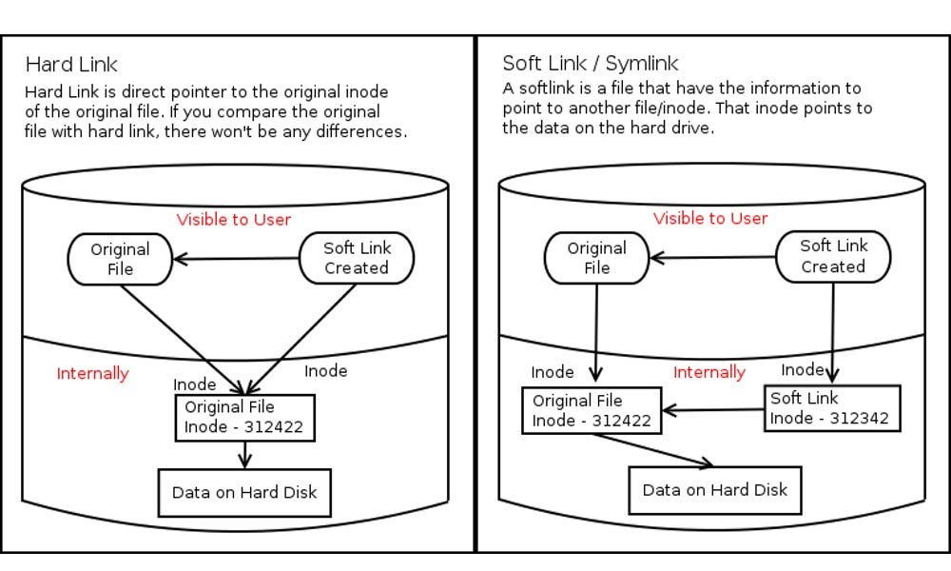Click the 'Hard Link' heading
tap(71, 65)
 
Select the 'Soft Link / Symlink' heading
tap(590, 64)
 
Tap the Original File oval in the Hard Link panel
tap(120, 259)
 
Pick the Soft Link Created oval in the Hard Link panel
tap(357, 258)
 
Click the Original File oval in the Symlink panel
tap(596, 258)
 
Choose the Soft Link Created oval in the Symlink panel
tap(834, 256)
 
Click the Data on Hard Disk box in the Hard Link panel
tap(243, 493)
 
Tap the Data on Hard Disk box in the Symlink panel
tap(715, 490)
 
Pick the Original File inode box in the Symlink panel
tap(592, 410)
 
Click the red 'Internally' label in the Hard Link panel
tap(92, 373)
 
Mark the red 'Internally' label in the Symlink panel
tap(709, 372)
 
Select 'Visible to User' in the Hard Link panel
tap(233, 220)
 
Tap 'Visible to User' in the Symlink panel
tap(710, 218)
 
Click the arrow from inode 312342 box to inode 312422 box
tap(713, 411)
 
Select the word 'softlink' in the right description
tap(546, 89)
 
